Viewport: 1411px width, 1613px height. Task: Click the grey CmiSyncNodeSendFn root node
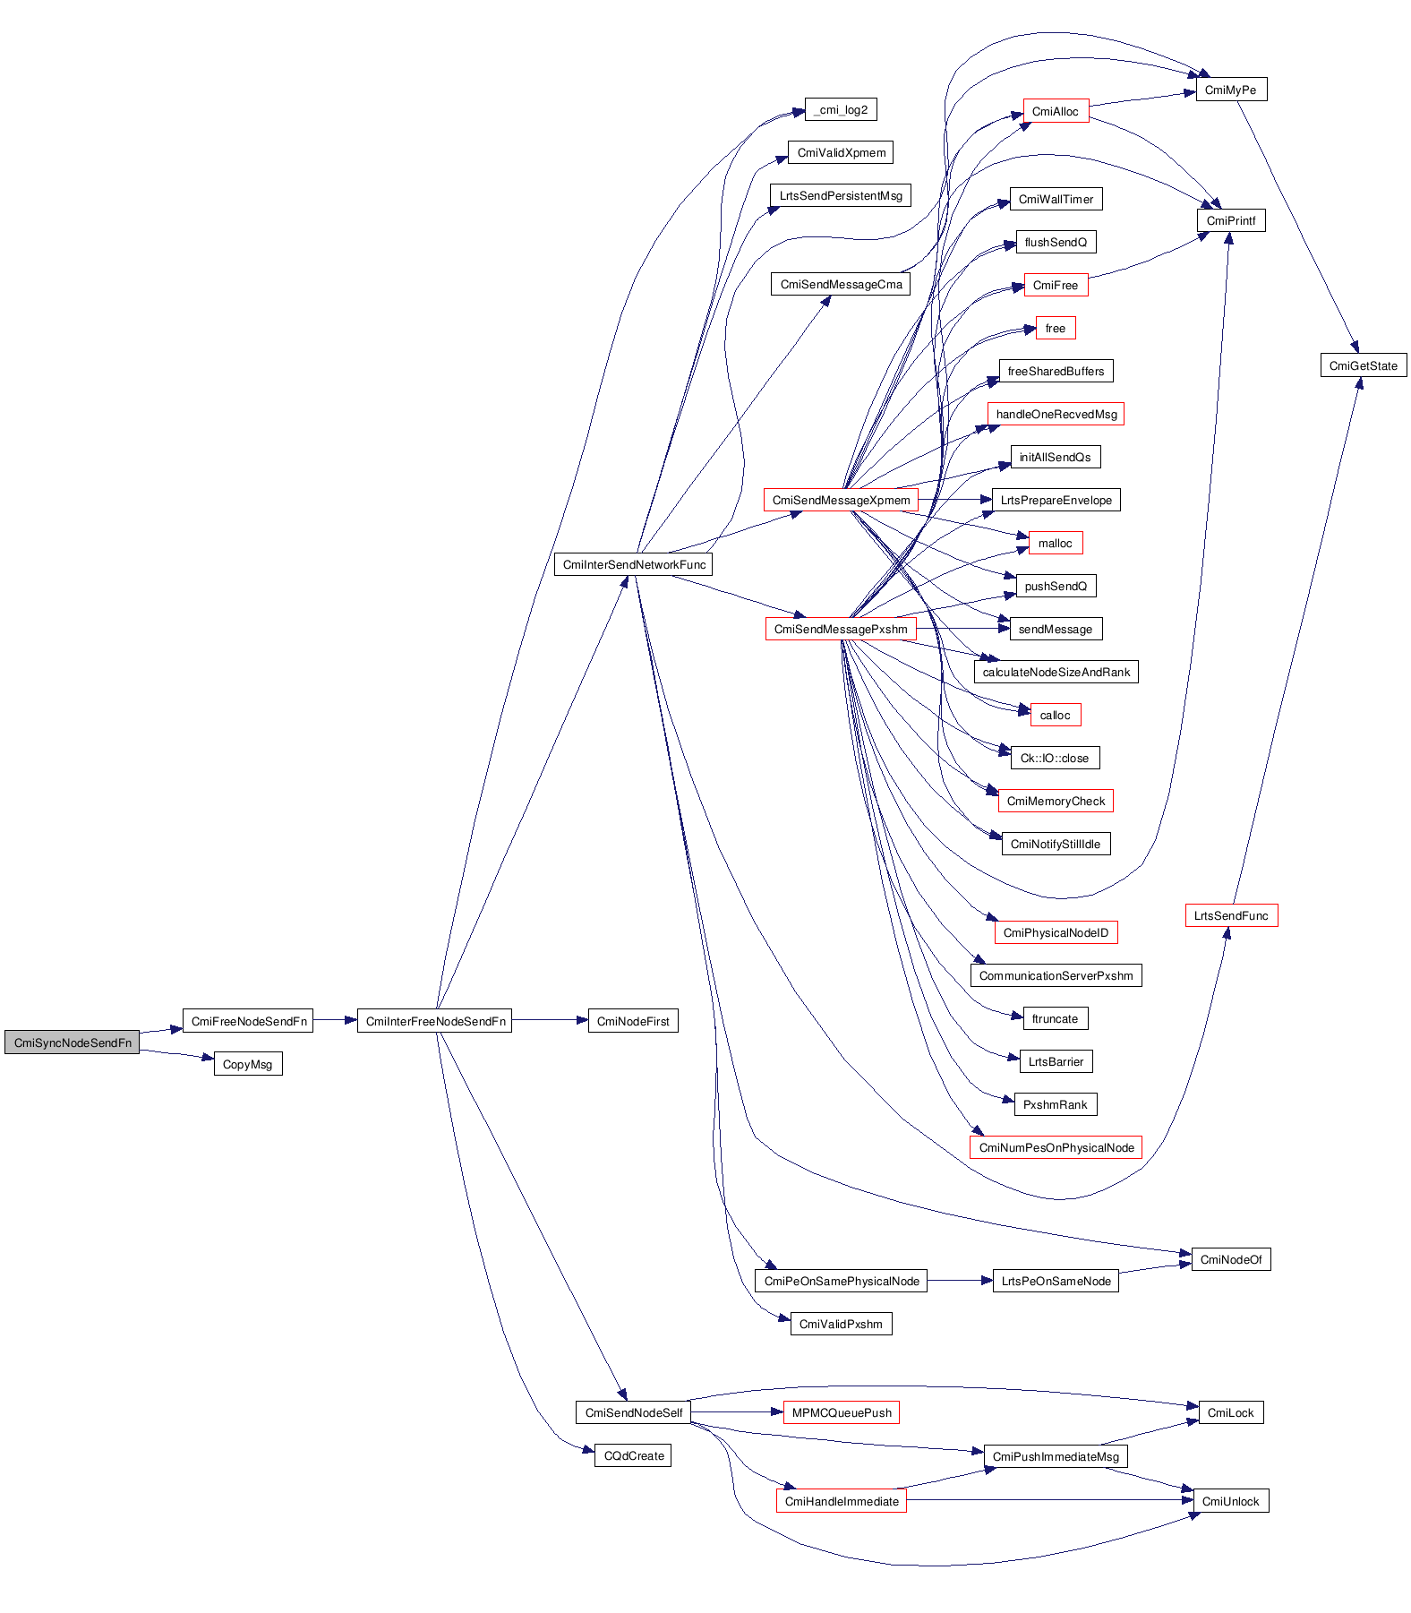point(73,1042)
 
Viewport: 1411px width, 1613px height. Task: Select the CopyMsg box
point(248,1064)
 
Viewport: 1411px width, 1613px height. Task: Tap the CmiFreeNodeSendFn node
point(248,1021)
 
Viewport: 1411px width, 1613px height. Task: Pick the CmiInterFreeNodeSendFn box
point(435,1021)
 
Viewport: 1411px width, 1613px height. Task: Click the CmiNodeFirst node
point(633,1021)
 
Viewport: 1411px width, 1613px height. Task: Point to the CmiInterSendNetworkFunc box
point(634,564)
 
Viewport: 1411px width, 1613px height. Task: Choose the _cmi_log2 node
point(841,109)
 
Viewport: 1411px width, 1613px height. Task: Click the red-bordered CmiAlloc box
point(1056,111)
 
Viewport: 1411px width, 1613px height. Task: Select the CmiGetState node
point(1364,365)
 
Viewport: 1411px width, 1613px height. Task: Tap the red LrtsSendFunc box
point(1231,915)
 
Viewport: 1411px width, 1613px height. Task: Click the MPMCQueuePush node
point(842,1412)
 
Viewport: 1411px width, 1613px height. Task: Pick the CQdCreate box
point(633,1455)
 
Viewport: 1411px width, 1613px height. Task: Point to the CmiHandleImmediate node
point(842,1501)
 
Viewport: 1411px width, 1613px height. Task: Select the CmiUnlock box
point(1230,1501)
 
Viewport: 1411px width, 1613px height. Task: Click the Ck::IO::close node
point(1055,758)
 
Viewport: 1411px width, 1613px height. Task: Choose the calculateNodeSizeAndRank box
point(1056,672)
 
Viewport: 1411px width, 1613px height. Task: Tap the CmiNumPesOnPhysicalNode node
point(1056,1147)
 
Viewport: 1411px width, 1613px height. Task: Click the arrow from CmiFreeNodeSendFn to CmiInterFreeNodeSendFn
point(335,1020)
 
